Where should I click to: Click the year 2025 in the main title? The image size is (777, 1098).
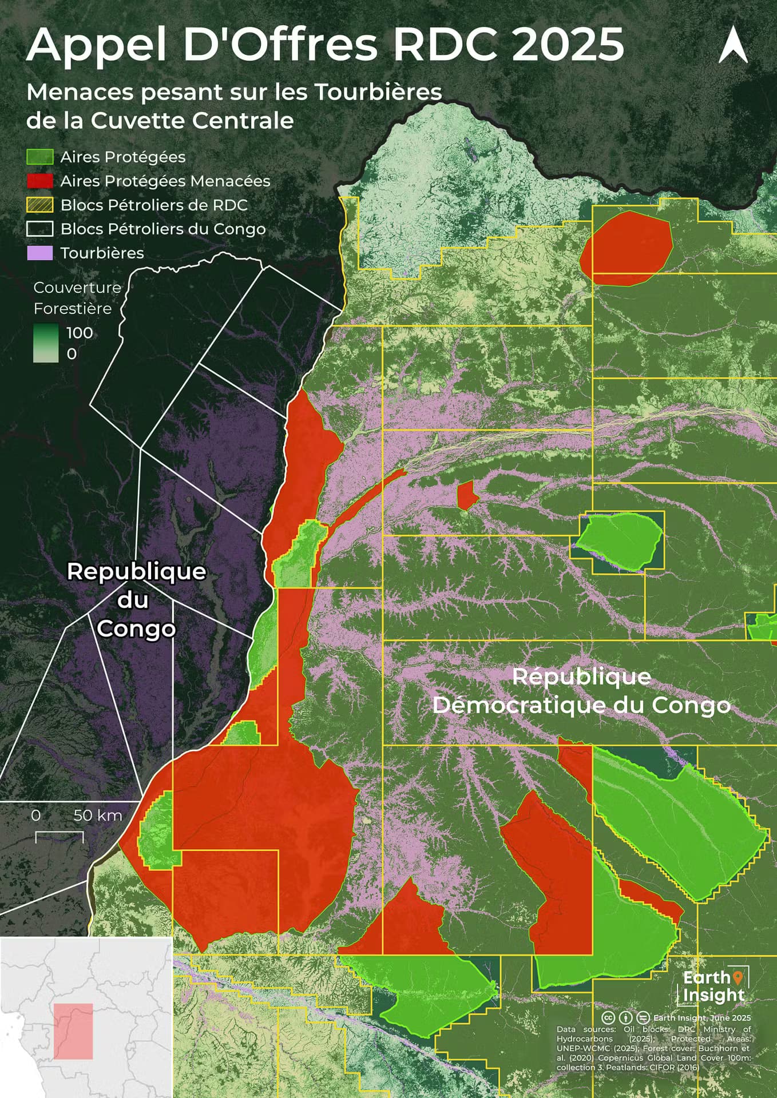coord(567,45)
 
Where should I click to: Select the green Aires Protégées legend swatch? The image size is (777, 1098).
coord(40,157)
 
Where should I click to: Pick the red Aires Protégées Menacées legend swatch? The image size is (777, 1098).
coord(40,181)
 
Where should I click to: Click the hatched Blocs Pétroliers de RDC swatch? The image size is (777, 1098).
coord(40,205)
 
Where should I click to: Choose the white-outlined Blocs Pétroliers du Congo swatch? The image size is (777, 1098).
coord(40,229)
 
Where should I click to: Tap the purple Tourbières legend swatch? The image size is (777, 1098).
coord(40,253)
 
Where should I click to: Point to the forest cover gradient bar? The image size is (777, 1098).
coord(46,343)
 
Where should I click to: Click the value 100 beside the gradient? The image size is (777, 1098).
coord(80,333)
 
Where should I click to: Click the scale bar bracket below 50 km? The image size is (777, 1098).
coord(60,836)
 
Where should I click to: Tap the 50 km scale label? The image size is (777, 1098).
coord(98,815)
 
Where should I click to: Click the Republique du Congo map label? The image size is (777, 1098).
coord(136,599)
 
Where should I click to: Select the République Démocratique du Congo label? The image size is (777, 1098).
coord(581,691)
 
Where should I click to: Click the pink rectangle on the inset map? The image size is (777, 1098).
coord(73,1031)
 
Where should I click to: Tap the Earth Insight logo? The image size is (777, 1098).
coord(714,986)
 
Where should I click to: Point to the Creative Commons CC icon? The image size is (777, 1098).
coord(608,1018)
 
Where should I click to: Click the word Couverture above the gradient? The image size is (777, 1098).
coord(77,287)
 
